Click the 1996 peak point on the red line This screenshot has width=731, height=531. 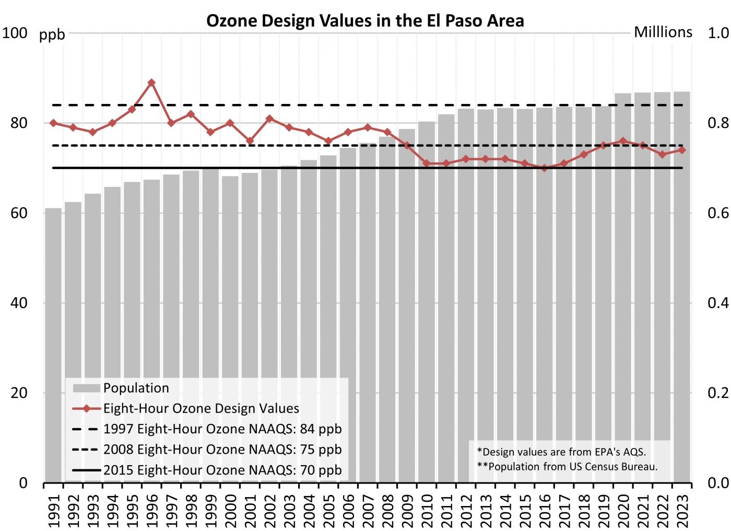pos(151,82)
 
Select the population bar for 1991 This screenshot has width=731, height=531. pos(53,345)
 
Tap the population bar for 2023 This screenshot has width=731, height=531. pos(682,287)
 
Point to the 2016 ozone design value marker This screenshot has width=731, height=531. pos(544,168)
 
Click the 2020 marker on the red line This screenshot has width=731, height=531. pos(623,141)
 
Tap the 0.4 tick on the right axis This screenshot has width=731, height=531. pos(718,303)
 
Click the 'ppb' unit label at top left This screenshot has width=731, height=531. pos(52,34)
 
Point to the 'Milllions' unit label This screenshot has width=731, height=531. pos(663,32)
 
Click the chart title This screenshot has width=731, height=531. pos(365,20)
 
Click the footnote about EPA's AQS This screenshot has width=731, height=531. pos(561,452)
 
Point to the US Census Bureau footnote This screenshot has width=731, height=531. pos(567,466)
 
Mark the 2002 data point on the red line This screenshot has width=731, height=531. pos(269,119)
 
